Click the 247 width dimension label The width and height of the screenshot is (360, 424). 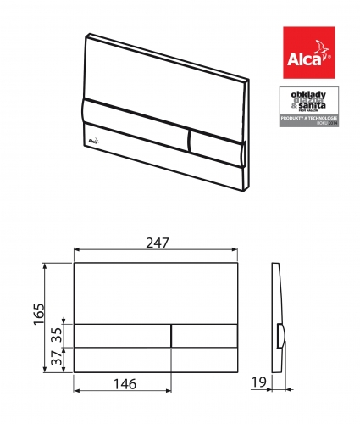click(x=157, y=242)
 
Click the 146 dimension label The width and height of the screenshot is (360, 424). click(x=124, y=384)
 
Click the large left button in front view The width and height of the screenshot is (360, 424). click(x=124, y=334)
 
